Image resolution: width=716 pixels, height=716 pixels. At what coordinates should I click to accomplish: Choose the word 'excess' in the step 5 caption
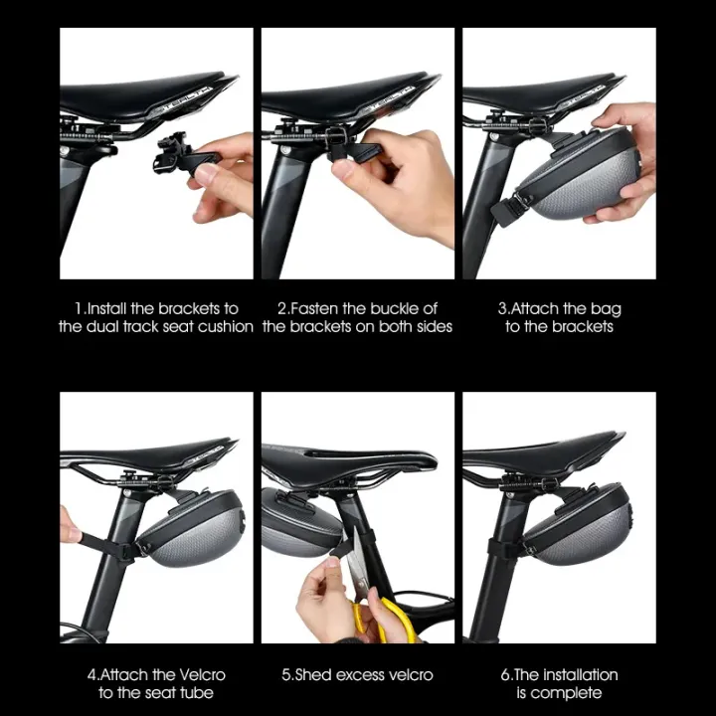click(x=358, y=674)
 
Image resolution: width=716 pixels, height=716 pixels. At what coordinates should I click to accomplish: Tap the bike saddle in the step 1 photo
click(x=149, y=94)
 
